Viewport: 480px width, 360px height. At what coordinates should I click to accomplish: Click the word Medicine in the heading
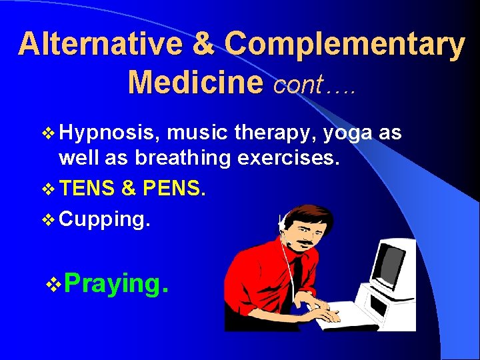pos(195,83)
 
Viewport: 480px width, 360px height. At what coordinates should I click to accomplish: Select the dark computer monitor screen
pos(392,263)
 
